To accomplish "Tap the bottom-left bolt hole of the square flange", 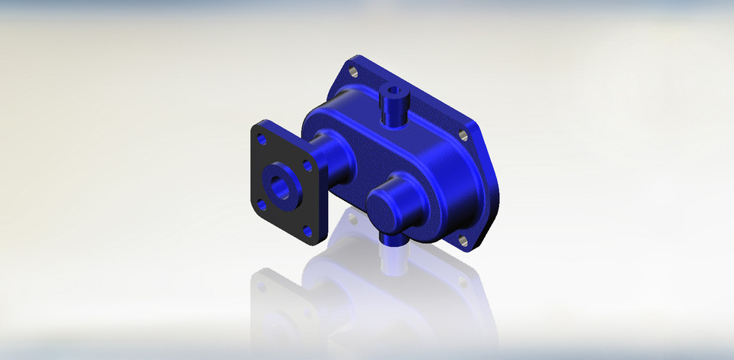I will (x=261, y=204).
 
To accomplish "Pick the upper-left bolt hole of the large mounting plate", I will (x=353, y=73).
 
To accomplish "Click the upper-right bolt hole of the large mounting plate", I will (x=463, y=135).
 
